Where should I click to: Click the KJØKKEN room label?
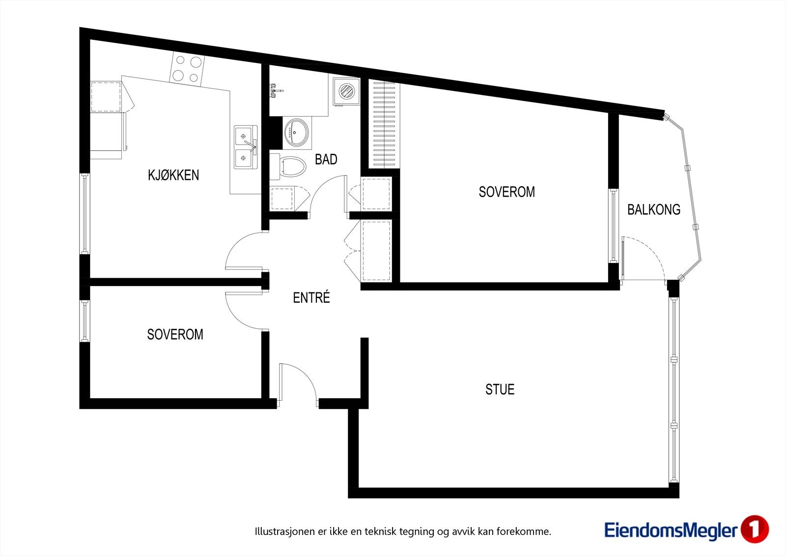tap(173, 175)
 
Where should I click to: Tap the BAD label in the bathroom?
tap(326, 159)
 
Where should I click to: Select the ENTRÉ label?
tap(311, 297)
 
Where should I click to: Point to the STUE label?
tap(500, 389)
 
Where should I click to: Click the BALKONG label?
tap(654, 210)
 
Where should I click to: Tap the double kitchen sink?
tap(246, 147)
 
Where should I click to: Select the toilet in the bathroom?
tap(287, 167)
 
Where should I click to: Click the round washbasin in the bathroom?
tap(297, 132)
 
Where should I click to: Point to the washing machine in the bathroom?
tap(346, 91)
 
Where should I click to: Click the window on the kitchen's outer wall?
tap(84, 213)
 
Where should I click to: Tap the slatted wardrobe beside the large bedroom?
tap(384, 125)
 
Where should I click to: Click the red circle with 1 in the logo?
tap(755, 529)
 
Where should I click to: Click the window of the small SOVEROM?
tap(84, 321)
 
